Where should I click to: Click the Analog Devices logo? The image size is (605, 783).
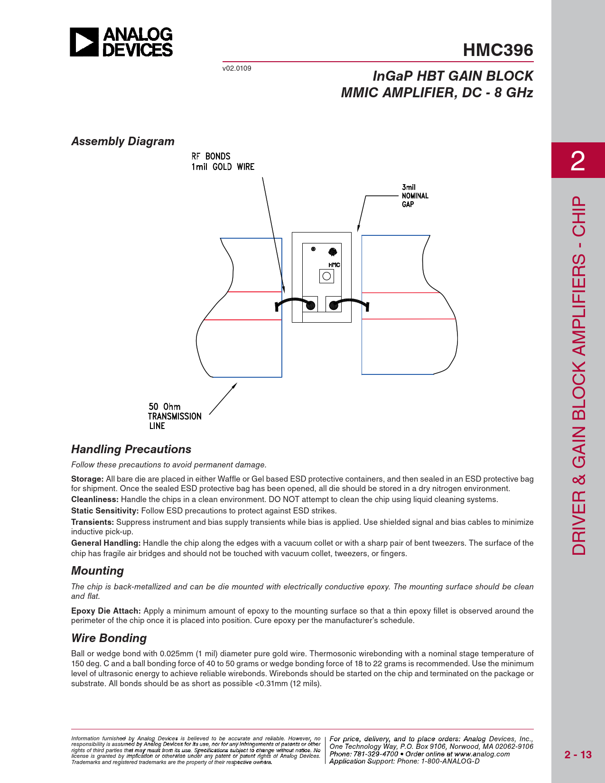tap(121, 42)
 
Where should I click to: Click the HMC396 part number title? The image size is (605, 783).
tap(498, 50)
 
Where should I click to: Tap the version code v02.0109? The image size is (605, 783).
tap(237, 68)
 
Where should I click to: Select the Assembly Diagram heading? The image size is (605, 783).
tap(123, 141)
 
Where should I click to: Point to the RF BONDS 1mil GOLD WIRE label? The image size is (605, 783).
tap(223, 161)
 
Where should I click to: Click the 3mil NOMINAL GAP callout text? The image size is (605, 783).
tap(414, 196)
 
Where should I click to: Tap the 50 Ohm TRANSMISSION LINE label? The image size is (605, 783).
tap(174, 416)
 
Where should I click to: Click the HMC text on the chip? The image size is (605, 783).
tap(334, 265)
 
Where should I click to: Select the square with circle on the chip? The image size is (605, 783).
tap(326, 276)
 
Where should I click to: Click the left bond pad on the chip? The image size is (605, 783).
tap(311, 305)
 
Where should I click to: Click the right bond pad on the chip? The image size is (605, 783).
tap(334, 305)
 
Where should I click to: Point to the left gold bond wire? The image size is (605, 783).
tap(290, 301)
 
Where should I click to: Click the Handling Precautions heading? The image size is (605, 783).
tap(131, 449)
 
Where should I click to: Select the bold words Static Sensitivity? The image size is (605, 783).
tap(105, 511)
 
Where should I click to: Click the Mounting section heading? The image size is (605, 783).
tap(97, 571)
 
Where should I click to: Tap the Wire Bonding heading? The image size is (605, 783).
tap(109, 638)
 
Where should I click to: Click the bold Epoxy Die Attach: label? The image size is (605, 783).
tap(106, 611)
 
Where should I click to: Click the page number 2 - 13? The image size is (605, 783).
tap(578, 755)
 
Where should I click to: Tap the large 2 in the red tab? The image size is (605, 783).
tap(577, 161)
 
